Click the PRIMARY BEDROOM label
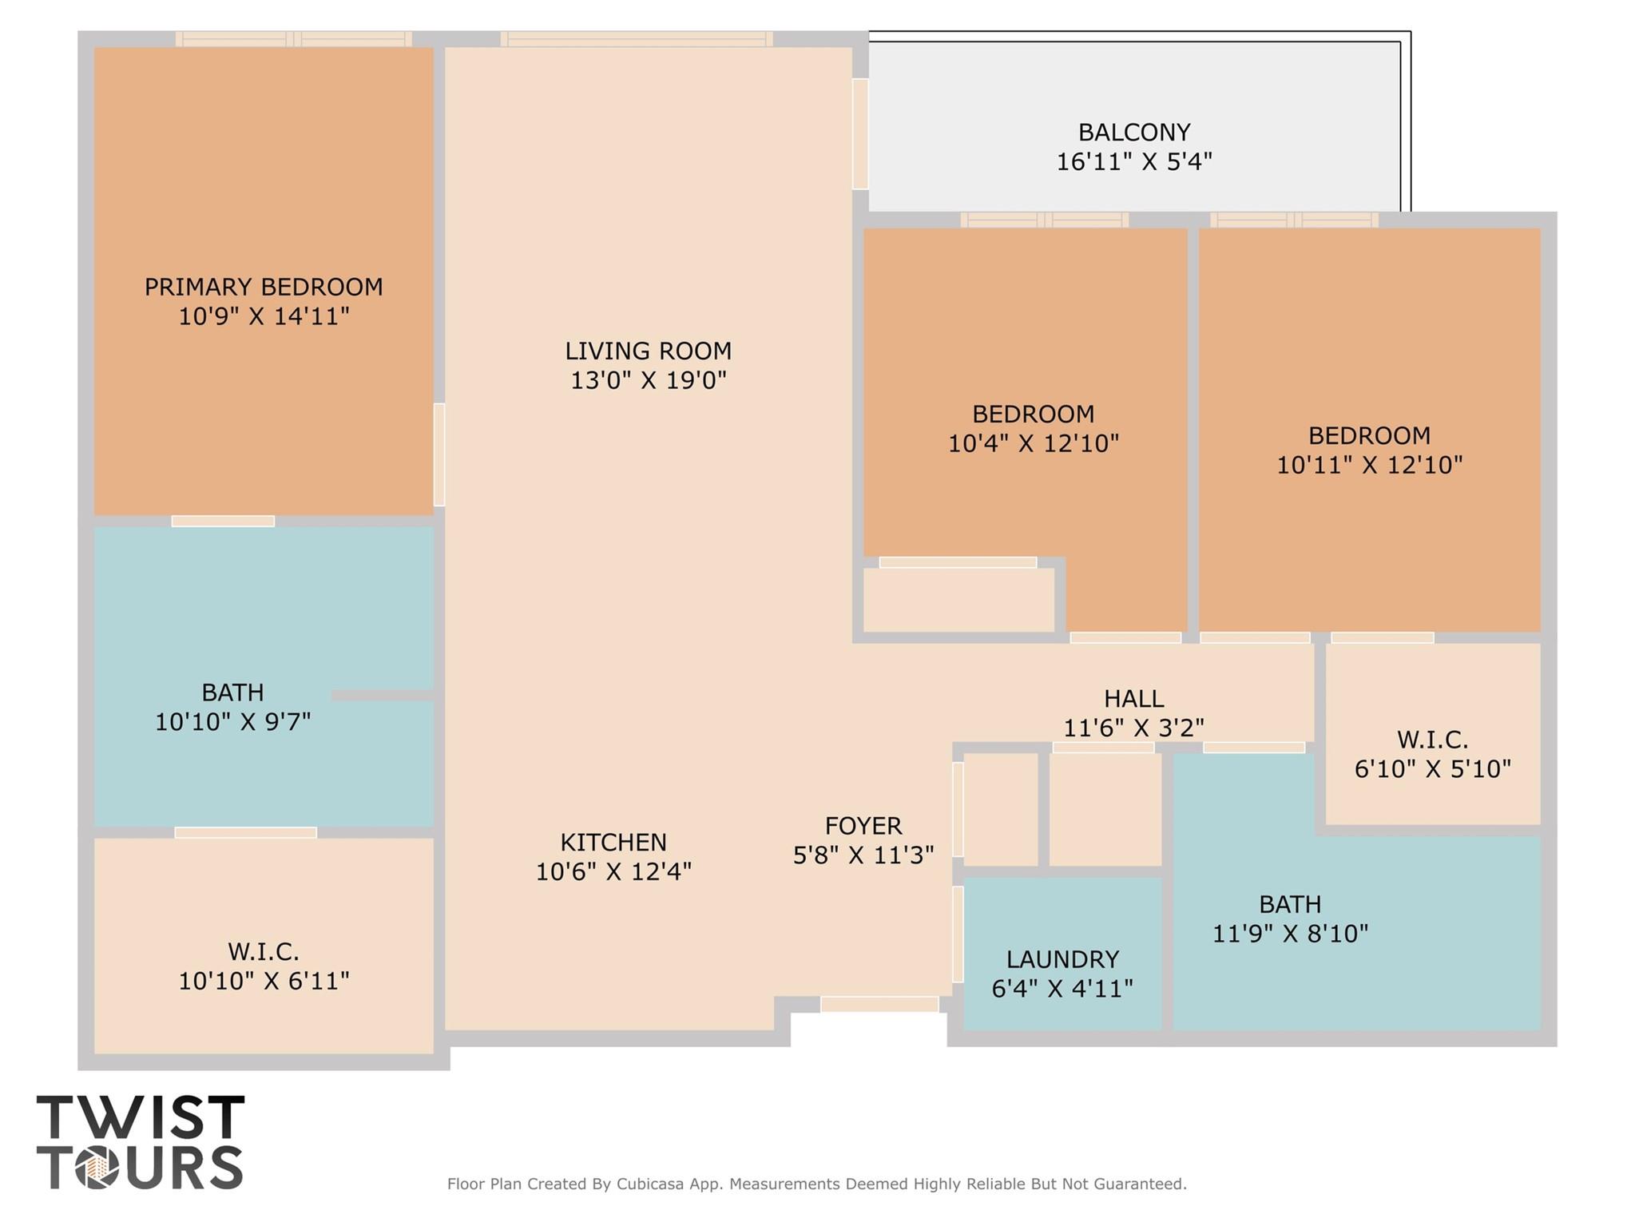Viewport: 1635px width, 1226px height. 264,287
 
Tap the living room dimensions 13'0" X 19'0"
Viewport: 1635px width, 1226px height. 648,380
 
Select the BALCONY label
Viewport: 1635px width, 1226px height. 1133,132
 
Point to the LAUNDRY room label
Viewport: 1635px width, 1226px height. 1062,958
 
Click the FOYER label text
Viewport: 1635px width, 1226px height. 863,825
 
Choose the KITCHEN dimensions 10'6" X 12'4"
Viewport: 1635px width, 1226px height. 613,871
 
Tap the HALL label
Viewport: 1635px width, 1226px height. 1133,699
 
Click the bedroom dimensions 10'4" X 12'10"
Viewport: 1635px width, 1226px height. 1033,443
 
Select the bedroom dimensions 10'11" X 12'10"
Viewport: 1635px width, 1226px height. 1369,465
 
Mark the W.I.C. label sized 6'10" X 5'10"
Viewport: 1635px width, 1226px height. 1432,740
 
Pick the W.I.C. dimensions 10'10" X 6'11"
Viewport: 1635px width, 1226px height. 264,981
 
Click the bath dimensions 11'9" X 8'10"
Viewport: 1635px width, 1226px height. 1290,933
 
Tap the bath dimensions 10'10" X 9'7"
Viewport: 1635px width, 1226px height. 232,722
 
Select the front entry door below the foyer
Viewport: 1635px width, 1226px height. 879,1004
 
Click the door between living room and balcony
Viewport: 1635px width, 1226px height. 859,133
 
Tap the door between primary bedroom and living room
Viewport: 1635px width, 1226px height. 439,454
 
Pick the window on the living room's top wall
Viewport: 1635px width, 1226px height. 636,38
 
